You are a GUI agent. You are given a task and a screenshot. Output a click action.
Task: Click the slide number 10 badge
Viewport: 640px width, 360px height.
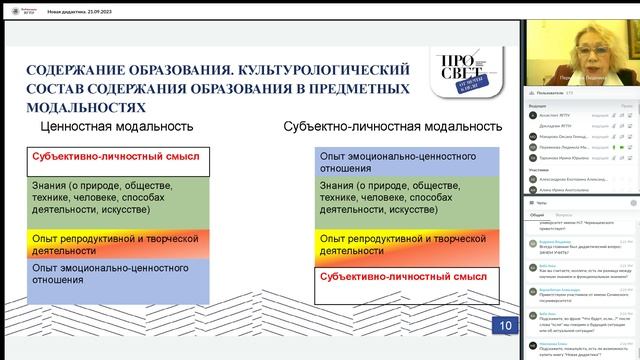pos(505,325)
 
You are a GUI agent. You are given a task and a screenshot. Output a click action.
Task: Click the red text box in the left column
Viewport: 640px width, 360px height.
pos(117,157)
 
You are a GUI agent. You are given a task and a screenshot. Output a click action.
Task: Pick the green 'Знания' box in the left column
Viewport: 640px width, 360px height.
pos(117,197)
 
